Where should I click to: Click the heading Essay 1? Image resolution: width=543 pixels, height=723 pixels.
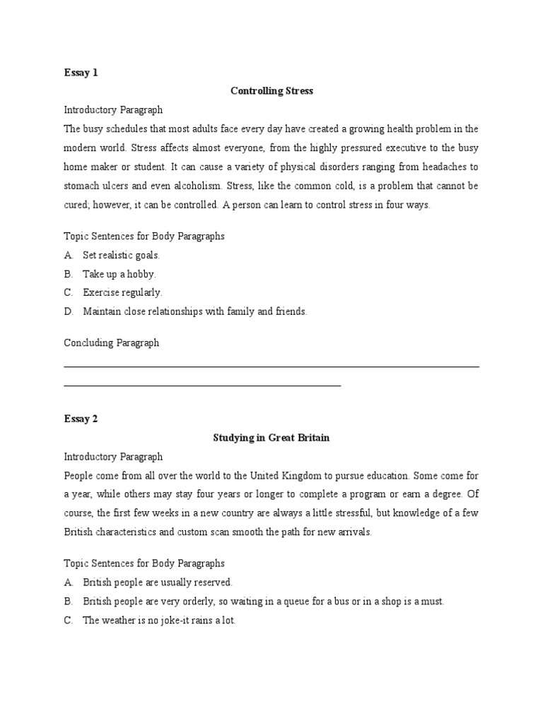81,73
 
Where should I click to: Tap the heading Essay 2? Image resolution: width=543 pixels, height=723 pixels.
81,419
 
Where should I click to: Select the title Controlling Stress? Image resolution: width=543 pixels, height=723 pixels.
271,91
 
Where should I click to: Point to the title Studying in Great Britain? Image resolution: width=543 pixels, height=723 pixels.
271,438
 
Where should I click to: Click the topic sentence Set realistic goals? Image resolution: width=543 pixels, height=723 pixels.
121,256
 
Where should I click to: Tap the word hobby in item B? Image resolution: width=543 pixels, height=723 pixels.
141,274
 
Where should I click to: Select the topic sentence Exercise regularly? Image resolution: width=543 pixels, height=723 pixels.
122,292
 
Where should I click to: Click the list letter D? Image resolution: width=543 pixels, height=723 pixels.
68,311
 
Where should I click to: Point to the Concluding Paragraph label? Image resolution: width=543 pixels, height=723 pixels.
111,343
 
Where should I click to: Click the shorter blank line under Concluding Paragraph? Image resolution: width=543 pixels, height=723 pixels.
202,386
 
